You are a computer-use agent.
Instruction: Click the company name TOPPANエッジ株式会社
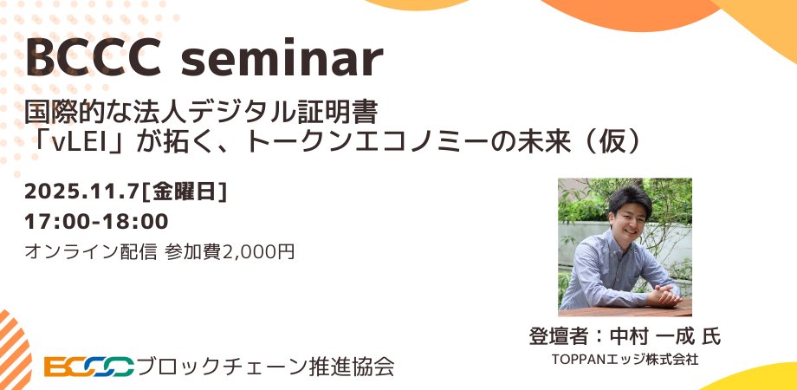point(625,358)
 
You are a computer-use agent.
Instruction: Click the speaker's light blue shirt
point(606,269)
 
